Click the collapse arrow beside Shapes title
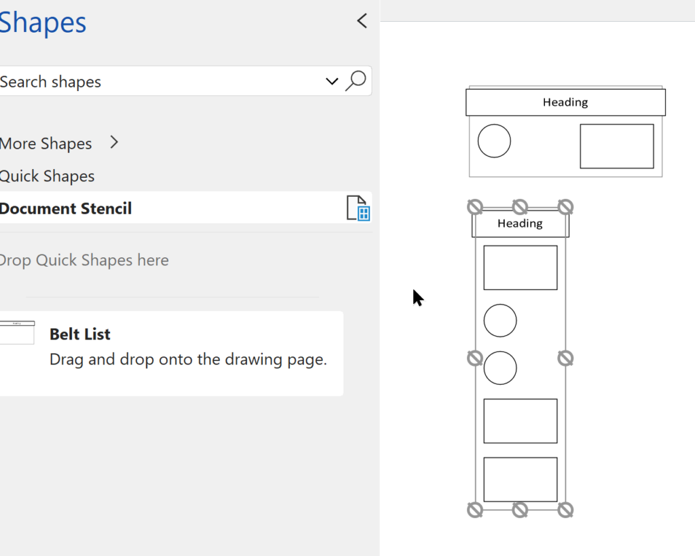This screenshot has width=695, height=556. click(362, 21)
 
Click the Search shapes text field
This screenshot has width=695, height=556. click(156, 82)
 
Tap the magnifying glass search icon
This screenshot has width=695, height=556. click(356, 81)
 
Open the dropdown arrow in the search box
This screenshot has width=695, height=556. click(332, 81)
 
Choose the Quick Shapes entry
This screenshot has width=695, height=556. click(48, 176)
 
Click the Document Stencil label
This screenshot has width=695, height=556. click(66, 208)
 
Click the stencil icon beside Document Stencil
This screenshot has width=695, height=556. click(357, 208)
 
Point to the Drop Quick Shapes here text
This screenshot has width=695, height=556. click(84, 260)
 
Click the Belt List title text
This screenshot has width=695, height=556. click(80, 334)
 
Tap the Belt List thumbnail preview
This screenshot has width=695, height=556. click(17, 332)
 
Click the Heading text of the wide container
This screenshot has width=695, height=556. click(565, 103)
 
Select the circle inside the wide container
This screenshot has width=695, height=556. click(494, 141)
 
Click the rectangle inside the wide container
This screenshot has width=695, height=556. click(616, 146)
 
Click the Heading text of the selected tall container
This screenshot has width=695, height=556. click(520, 223)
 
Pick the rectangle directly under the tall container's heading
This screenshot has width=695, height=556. click(520, 267)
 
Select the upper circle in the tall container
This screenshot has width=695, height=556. click(500, 320)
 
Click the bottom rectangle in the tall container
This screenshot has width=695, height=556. click(520, 479)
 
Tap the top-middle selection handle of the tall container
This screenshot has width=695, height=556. click(520, 206)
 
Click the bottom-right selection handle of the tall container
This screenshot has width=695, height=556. click(565, 510)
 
